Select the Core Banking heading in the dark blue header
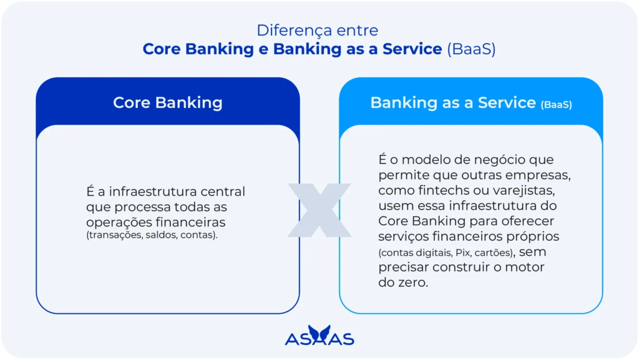tap(167, 102)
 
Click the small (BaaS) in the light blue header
tap(556, 105)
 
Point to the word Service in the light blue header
tap(507, 102)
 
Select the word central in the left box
tap(223, 191)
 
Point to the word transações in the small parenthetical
tap(113, 235)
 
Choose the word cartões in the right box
tap(495, 253)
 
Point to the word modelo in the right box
tap(429, 160)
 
